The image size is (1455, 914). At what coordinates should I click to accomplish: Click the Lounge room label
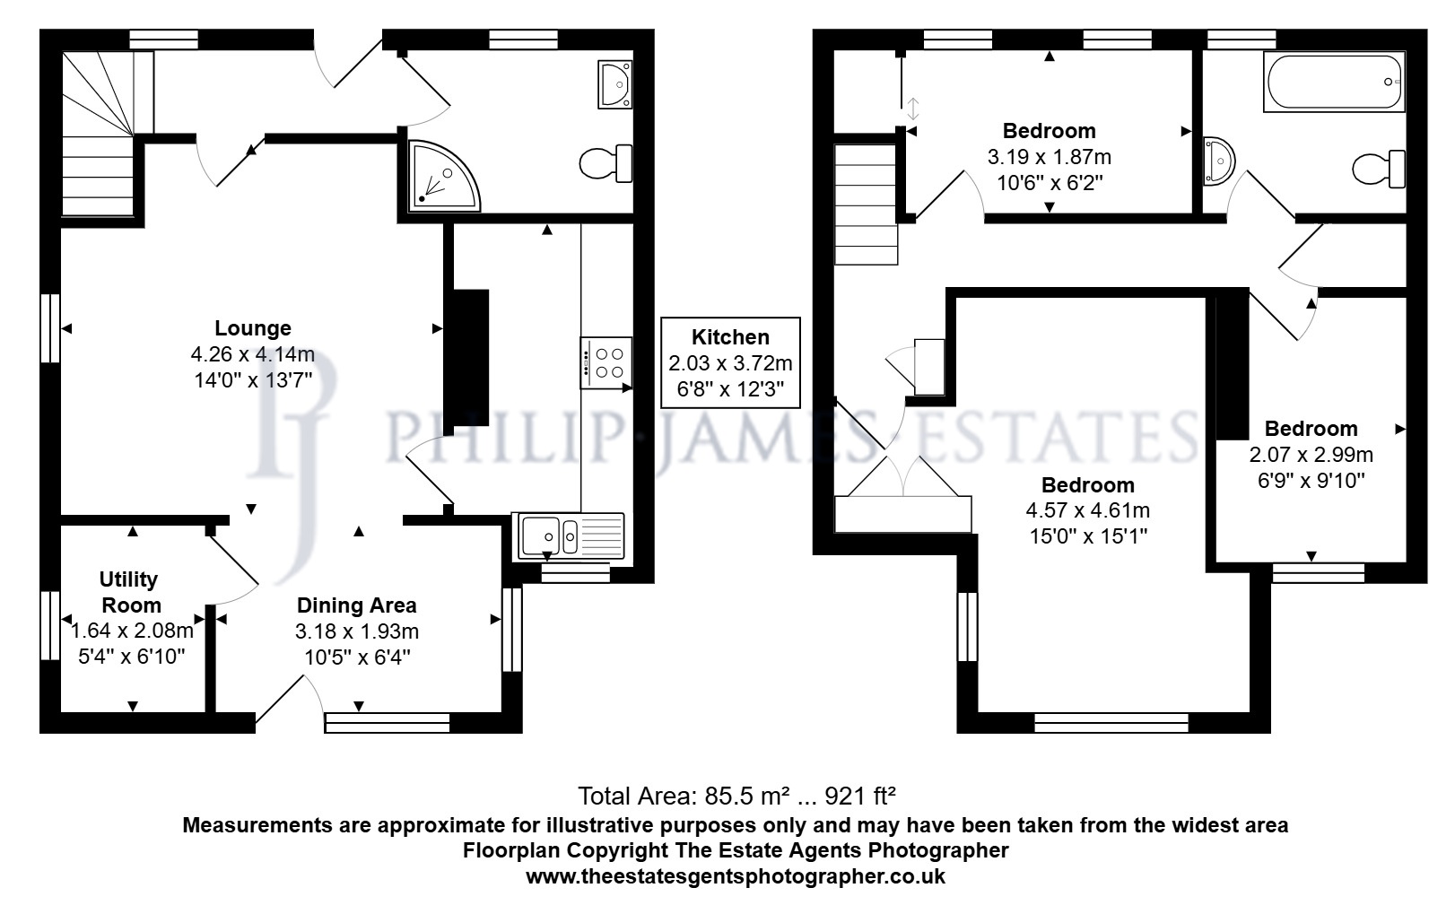[x=253, y=328]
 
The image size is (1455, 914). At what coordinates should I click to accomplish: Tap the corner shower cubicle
[x=441, y=176]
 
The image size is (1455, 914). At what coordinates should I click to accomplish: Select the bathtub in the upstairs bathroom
[x=1334, y=82]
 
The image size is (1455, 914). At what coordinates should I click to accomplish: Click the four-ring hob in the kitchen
[x=606, y=363]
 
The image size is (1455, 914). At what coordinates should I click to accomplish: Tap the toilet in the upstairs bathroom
[x=1379, y=169]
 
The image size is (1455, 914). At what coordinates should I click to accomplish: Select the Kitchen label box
[x=730, y=362]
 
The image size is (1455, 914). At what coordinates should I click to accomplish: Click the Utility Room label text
[x=131, y=592]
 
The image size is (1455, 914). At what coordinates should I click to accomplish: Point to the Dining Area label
[x=357, y=605]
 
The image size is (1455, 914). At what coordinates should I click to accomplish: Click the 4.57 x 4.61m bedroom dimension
[x=1087, y=510]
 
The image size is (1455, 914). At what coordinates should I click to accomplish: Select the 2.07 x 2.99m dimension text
[x=1311, y=454]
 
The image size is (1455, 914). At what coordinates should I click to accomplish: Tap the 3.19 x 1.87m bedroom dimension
[x=1049, y=157]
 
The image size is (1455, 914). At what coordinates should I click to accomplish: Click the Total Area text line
[x=736, y=796]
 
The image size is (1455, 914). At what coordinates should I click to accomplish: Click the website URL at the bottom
[x=736, y=876]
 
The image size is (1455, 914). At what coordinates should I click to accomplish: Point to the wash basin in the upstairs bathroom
[x=1217, y=161]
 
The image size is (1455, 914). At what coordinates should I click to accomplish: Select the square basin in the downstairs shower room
[x=614, y=84]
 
